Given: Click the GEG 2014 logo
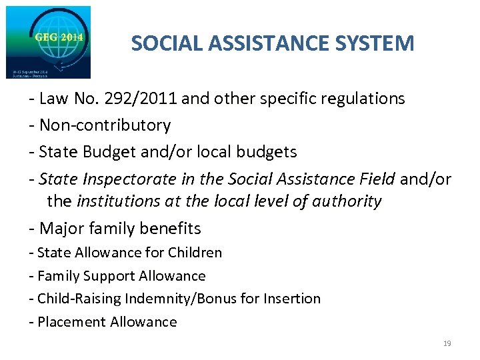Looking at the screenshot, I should click(x=48, y=41).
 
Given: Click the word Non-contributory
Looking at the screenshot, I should click(x=105, y=125).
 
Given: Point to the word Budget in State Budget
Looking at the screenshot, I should click(x=106, y=152).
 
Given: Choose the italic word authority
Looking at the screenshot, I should click(x=349, y=201).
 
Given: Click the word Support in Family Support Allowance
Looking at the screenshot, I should click(x=112, y=276).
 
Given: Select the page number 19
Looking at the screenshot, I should click(x=447, y=343).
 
